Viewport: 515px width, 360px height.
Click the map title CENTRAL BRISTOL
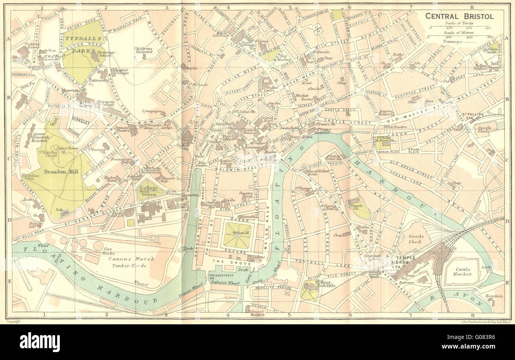pos(459,16)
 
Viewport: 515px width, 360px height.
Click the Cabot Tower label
pos(68,149)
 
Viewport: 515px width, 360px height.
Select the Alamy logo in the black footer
pos(40,342)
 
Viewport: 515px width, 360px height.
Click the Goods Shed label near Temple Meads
pos(416,238)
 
